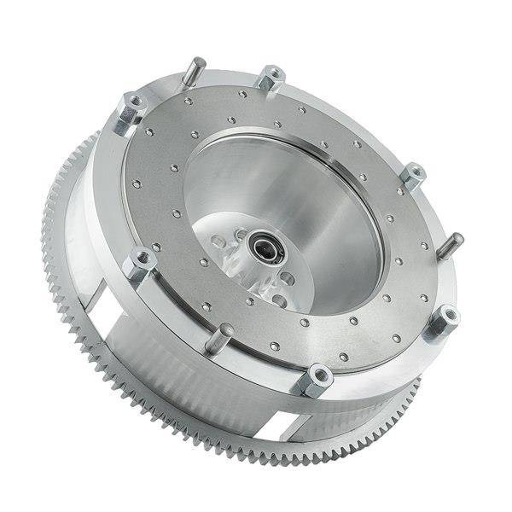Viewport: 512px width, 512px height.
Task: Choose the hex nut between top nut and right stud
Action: [413, 174]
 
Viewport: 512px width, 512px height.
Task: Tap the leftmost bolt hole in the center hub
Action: [221, 244]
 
